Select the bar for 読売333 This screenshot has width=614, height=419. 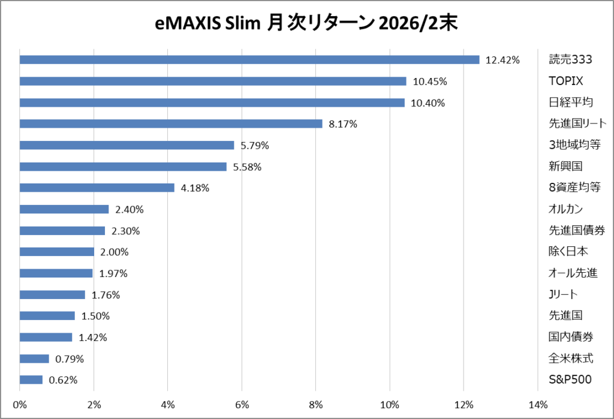tap(249, 59)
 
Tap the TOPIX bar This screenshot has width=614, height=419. tap(213, 81)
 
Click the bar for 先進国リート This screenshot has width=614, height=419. tap(171, 123)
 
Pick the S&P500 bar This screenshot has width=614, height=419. tap(31, 380)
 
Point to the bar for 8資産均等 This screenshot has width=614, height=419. tap(97, 188)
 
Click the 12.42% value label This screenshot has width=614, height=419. tap(502, 59)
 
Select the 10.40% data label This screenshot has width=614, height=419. tap(428, 103)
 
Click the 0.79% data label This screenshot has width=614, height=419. tap(70, 359)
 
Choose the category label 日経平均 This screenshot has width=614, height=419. tap(571, 103)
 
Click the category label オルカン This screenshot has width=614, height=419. tap(566, 209)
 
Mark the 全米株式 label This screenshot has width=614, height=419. tap(571, 358)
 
